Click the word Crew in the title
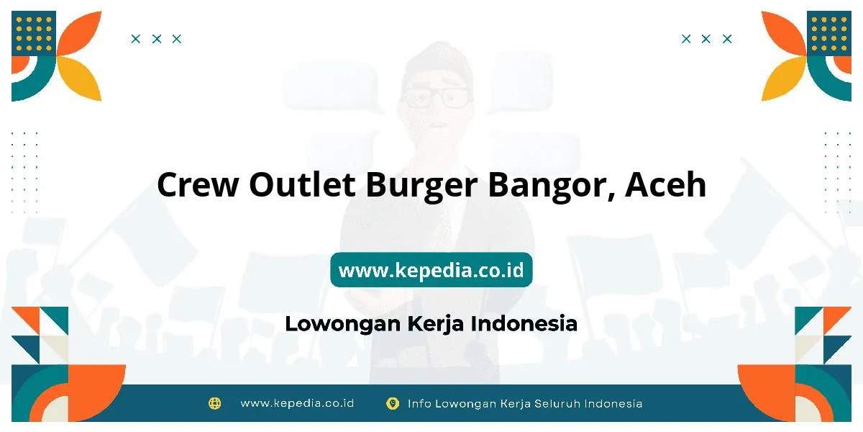pyautogui.click(x=198, y=184)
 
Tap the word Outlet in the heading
pyautogui.click(x=302, y=184)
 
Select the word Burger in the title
pyautogui.click(x=422, y=186)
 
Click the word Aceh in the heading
pyautogui.click(x=666, y=184)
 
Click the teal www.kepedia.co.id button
pyautogui.click(x=431, y=269)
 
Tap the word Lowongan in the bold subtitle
pyautogui.click(x=342, y=323)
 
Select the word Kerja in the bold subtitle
pyautogui.click(x=435, y=323)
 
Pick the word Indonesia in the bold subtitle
pyautogui.click(x=524, y=323)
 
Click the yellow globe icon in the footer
pyautogui.click(x=214, y=403)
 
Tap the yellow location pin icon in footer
pyautogui.click(x=393, y=403)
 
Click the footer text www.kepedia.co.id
pyautogui.click(x=297, y=403)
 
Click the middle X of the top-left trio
pyautogui.click(x=157, y=39)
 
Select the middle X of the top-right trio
pyautogui.click(x=706, y=39)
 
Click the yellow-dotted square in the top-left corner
pyautogui.click(x=34, y=34)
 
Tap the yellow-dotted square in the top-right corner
pyautogui.click(x=829, y=34)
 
